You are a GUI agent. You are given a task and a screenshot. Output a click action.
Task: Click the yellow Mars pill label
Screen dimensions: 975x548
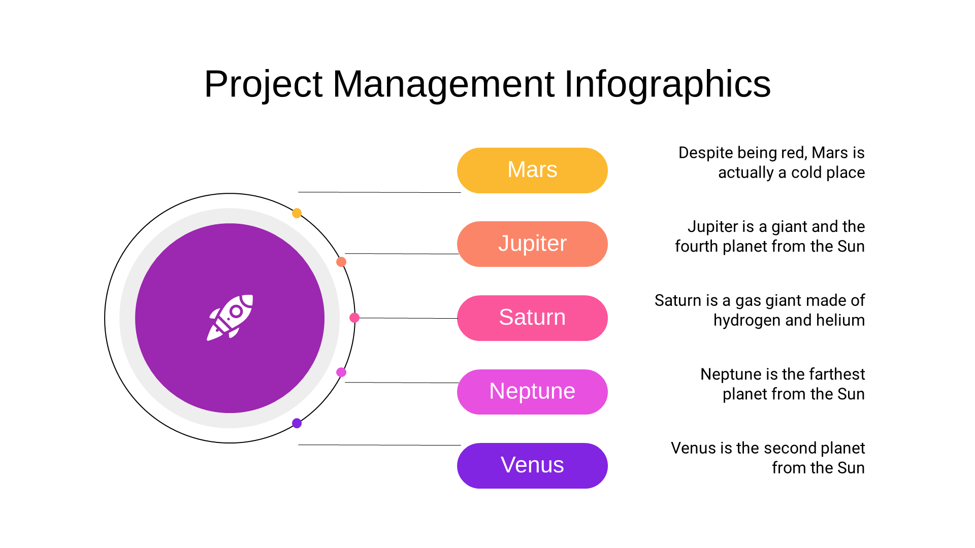pyautogui.click(x=532, y=170)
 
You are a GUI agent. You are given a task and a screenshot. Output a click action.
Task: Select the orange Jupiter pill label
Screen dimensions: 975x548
pyautogui.click(x=532, y=244)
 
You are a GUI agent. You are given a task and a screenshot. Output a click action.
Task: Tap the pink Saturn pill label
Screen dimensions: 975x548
pyautogui.click(x=532, y=318)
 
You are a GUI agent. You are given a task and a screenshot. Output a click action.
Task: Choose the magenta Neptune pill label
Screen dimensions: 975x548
pyautogui.click(x=532, y=392)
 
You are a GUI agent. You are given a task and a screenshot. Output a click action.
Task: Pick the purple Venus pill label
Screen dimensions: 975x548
pyautogui.click(x=532, y=466)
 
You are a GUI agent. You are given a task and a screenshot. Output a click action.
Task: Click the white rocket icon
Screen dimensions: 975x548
pyautogui.click(x=230, y=318)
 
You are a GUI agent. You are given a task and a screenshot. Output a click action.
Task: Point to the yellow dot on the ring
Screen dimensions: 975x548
pyautogui.click(x=297, y=213)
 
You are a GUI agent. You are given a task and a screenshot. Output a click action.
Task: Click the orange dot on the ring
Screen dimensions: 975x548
pyautogui.click(x=341, y=262)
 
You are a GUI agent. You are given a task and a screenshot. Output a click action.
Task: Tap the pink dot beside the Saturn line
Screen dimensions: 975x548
pyautogui.click(x=354, y=318)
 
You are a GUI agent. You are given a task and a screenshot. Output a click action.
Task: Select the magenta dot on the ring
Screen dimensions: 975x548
pyautogui.click(x=341, y=372)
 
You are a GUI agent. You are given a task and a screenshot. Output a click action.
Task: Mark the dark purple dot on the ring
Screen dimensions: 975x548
pyautogui.click(x=297, y=423)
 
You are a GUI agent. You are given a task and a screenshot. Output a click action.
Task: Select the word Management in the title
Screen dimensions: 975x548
pyautogui.click(x=443, y=84)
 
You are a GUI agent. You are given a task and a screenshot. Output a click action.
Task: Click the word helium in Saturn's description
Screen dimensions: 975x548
pyautogui.click(x=839, y=320)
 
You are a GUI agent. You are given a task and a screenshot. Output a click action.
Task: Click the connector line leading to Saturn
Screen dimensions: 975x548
pyautogui.click(x=408, y=318)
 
